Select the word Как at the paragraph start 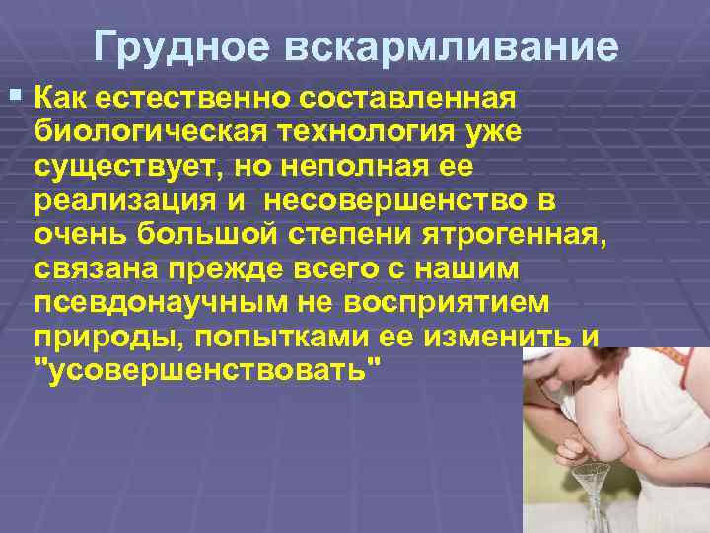pos(64,100)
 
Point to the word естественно pos(195,100)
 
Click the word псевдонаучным pos(147,303)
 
